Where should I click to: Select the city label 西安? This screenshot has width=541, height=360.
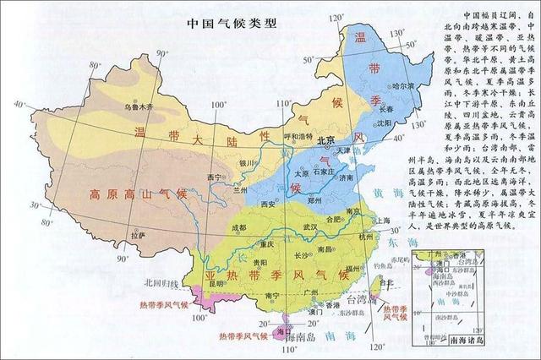point(269,205)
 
